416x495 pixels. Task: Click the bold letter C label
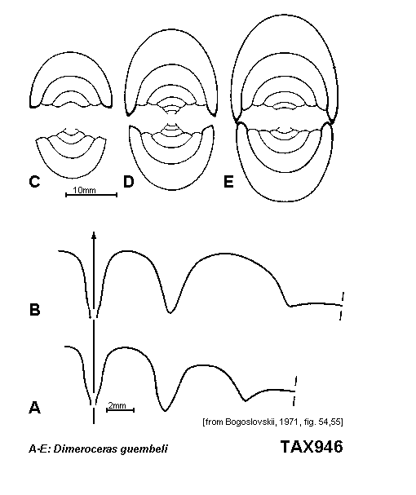(34, 182)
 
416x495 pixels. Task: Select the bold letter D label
(129, 182)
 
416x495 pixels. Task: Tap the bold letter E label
(228, 182)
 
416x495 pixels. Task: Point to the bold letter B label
(35, 309)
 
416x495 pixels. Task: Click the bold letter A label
(35, 407)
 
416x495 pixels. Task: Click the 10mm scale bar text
(84, 190)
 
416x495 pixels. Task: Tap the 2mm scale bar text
(117, 405)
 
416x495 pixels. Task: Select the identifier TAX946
(312, 447)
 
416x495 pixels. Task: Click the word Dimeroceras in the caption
(86, 449)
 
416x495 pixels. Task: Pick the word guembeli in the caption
(144, 449)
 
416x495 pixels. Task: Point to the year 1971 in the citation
(288, 422)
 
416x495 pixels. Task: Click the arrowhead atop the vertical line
(94, 235)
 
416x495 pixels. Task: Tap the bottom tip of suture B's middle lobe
(170, 313)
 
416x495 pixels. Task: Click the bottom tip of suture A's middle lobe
(165, 411)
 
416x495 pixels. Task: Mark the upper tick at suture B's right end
(343, 297)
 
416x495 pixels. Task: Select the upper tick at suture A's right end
(295, 381)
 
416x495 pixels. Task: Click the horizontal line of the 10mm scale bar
(91, 195)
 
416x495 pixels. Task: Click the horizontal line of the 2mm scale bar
(121, 410)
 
